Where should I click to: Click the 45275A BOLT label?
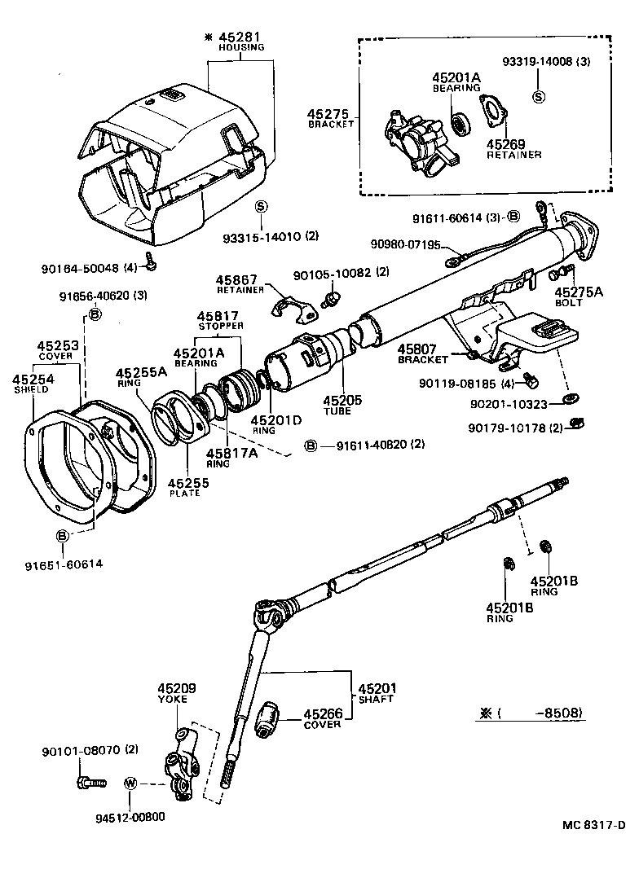pos(579,296)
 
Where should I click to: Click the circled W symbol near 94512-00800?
pos(130,783)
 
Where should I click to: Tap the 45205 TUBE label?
pos(337,405)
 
